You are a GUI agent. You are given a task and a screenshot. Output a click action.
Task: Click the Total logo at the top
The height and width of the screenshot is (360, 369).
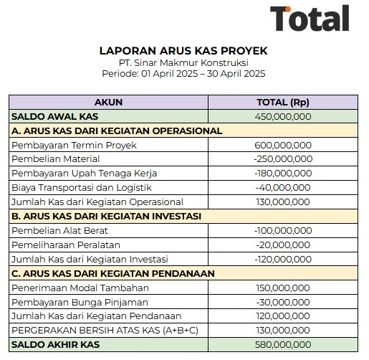309,19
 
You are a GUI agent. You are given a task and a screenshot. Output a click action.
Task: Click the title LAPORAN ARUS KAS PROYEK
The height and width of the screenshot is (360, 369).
183,52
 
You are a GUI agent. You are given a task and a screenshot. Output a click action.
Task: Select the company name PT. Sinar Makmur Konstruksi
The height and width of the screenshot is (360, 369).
183,63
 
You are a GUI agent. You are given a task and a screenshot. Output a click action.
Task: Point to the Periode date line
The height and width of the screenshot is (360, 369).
183,74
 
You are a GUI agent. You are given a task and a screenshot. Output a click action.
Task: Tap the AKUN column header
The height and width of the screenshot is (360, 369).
108,102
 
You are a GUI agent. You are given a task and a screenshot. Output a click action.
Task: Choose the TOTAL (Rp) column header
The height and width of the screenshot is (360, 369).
282,102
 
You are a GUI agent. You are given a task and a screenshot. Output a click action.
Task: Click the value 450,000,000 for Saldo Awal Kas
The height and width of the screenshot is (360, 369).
282,116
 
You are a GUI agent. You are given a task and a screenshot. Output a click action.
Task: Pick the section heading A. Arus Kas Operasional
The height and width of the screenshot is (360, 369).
117,131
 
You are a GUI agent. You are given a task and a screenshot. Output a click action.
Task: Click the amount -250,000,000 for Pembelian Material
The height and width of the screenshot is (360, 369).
282,158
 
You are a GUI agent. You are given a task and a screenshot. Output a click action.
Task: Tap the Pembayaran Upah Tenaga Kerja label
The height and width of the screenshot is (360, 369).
84,173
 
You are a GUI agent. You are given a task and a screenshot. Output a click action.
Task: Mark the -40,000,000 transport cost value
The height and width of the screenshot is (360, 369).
282,187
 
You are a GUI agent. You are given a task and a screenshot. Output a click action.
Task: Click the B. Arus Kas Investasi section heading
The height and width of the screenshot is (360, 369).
105,216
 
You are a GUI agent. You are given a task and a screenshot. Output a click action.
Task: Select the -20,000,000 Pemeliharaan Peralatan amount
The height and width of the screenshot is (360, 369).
282,245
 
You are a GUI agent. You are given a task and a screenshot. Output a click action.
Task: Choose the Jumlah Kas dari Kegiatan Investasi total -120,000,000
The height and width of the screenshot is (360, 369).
282,259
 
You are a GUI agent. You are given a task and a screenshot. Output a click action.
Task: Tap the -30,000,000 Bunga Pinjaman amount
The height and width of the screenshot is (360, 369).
282,301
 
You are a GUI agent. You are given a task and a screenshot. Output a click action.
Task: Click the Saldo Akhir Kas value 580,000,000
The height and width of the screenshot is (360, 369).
282,344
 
